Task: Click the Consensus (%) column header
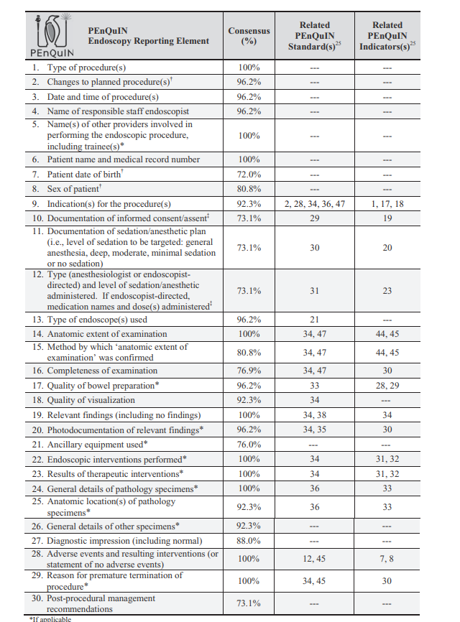pyautogui.click(x=249, y=36)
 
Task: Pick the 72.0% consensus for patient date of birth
pyautogui.click(x=249, y=175)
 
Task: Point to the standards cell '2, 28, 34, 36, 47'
pyautogui.click(x=315, y=204)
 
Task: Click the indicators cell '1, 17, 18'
pyautogui.click(x=387, y=204)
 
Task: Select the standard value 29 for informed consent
pyautogui.click(x=315, y=218)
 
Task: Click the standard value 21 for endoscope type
pyautogui.click(x=315, y=320)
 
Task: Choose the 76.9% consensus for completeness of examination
pyautogui.click(x=249, y=371)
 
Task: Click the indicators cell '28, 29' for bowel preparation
pyautogui.click(x=387, y=386)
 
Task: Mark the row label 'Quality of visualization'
pyautogui.click(x=90, y=400)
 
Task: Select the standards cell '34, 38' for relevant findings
pyautogui.click(x=315, y=415)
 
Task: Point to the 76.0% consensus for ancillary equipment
pyautogui.click(x=249, y=445)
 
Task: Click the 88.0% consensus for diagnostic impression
pyautogui.click(x=249, y=541)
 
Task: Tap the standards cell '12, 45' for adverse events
pyautogui.click(x=315, y=558)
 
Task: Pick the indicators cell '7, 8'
pyautogui.click(x=387, y=558)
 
